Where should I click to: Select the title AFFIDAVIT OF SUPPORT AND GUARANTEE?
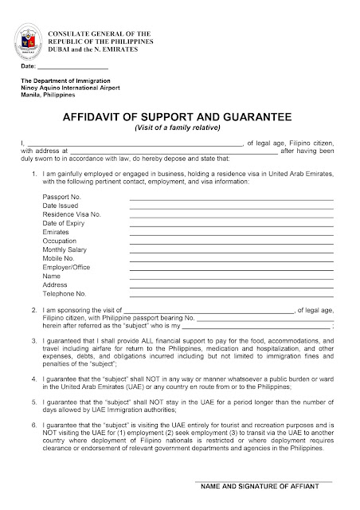point(180,116)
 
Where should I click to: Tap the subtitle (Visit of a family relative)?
point(180,127)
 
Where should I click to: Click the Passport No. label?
point(62,196)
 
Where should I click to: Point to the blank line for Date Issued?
point(231,207)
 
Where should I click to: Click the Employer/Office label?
point(65,268)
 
